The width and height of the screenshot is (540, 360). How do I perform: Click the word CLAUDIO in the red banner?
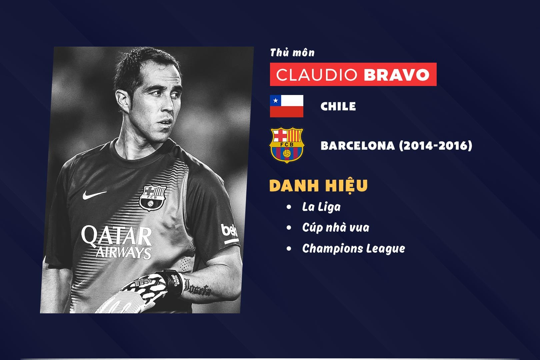317,75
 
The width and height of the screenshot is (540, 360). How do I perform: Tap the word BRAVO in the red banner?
397,75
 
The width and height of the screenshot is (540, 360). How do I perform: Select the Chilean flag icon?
287,106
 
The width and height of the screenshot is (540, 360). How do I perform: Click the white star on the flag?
276,100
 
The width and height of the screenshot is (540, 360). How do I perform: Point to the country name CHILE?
338,106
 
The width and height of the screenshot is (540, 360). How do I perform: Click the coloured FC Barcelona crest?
287,145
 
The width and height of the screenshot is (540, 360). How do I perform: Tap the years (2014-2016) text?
436,145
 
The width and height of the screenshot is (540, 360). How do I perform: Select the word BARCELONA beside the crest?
358,146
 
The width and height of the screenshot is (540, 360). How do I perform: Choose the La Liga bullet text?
321,207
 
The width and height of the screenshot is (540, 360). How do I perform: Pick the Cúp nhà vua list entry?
336,228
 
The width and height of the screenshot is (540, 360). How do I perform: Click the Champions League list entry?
354,249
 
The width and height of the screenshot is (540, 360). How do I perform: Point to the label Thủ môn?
292,53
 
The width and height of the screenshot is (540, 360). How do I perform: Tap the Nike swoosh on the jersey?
94,195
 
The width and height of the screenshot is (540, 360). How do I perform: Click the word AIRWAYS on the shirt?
124,253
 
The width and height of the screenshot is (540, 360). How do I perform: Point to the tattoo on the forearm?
197,288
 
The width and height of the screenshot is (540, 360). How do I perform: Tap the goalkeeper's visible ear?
123,101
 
